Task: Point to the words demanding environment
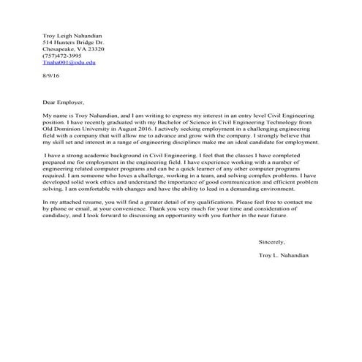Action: (284, 188)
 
